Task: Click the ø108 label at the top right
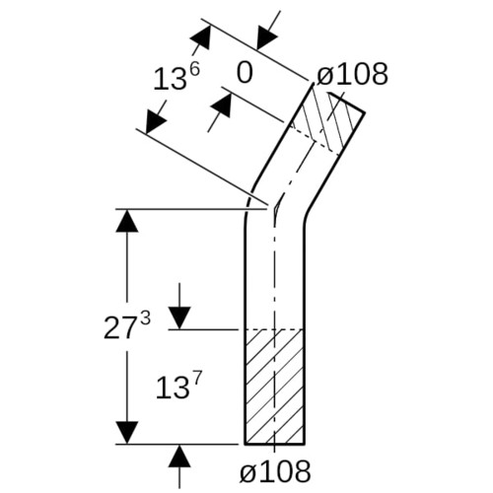click(352, 74)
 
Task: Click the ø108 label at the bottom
click(275, 472)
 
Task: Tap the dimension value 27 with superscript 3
click(127, 325)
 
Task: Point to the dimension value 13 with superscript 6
click(176, 78)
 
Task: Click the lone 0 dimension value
click(245, 73)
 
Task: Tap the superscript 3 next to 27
click(145, 318)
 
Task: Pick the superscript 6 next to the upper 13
click(194, 72)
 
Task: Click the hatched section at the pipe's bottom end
click(274, 387)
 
